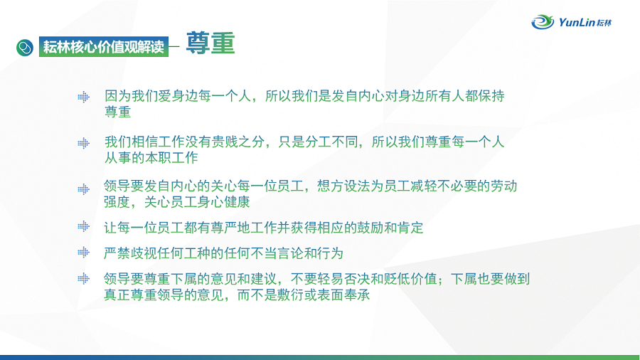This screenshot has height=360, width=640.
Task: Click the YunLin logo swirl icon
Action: pyautogui.click(x=543, y=21)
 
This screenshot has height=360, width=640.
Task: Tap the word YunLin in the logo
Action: pyautogui.click(x=577, y=22)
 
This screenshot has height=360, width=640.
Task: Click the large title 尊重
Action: pyautogui.click(x=210, y=43)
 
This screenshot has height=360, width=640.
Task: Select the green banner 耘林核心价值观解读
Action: pyautogui.click(x=104, y=47)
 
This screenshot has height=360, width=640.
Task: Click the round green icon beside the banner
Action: pyautogui.click(x=25, y=48)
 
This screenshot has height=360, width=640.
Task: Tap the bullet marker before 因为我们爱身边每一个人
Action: pyautogui.click(x=84, y=97)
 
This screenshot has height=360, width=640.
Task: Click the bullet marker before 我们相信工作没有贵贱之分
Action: pyautogui.click(x=84, y=143)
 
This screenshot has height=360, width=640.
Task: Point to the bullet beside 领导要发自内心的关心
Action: pyautogui.click(x=84, y=189)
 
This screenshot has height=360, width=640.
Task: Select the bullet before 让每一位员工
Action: pyautogui.click(x=84, y=226)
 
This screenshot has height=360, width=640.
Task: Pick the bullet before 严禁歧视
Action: pyautogui.click(x=84, y=253)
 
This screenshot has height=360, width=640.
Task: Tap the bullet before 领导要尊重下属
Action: pyautogui.click(x=84, y=278)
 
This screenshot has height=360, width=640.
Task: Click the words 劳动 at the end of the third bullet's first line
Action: pyautogui.click(x=504, y=186)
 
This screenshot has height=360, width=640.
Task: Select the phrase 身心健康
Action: pyautogui.click(x=223, y=202)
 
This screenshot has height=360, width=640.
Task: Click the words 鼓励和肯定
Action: pyautogui.click(x=390, y=228)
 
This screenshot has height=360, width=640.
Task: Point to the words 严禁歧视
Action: pyautogui.click(x=130, y=253)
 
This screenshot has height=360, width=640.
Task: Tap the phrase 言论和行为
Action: pyautogui.click(x=310, y=253)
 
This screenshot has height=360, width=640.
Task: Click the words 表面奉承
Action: pyautogui.click(x=343, y=295)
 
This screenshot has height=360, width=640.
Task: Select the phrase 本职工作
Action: pyautogui.click(x=171, y=157)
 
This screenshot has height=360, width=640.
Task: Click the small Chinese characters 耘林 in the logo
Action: pyautogui.click(x=604, y=23)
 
